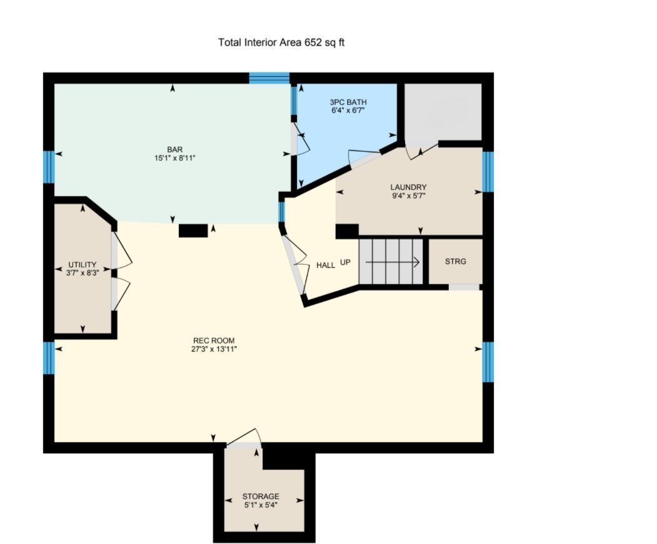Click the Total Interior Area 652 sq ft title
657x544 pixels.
pos(281,42)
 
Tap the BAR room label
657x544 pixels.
pos(175,149)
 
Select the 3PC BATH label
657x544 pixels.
pos(348,102)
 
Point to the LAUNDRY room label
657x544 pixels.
pos(408,187)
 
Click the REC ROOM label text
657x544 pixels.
pos(214,340)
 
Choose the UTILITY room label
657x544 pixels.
pos(82,265)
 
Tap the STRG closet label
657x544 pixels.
pos(456,261)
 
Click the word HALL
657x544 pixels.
pos(326,265)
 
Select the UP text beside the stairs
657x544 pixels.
pos(345,262)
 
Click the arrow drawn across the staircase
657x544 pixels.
pos(392,262)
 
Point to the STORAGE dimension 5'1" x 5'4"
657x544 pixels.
pos(261,505)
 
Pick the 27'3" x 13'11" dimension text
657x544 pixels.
pos(214,349)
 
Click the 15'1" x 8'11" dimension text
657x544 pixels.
pos(175,158)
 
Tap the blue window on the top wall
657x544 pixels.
pos(269,78)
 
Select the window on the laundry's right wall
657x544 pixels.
pos(488,172)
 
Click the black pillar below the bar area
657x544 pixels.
pos(193,230)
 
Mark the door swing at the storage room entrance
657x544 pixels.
pos(244,438)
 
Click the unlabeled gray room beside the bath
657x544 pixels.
pos(443,112)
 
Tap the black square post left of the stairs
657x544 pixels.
pos(348,231)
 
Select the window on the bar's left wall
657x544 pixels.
pos(49,167)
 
